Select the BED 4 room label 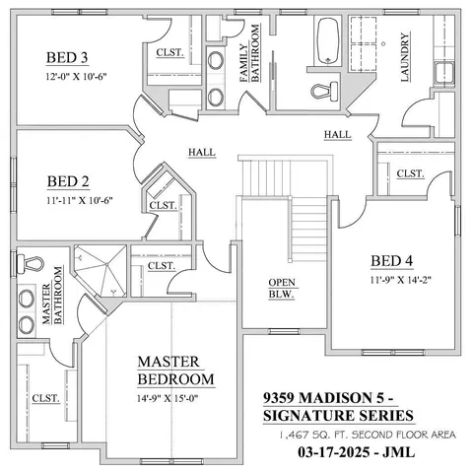coord(391,261)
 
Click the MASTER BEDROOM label coord(175,371)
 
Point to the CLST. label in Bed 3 coord(168,53)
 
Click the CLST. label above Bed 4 coord(410,173)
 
